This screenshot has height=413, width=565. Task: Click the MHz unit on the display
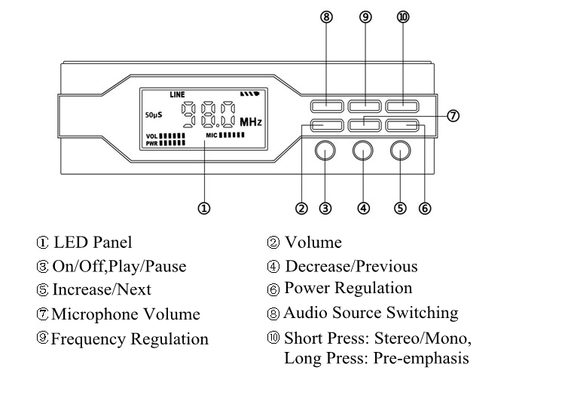(x=251, y=121)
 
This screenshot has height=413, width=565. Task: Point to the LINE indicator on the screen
(x=177, y=95)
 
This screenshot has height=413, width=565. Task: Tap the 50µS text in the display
(x=154, y=115)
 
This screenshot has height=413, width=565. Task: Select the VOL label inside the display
(x=151, y=136)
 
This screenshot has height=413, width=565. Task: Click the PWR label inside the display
(x=151, y=142)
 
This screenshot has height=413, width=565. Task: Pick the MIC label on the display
(x=212, y=135)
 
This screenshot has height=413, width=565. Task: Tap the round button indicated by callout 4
(x=364, y=151)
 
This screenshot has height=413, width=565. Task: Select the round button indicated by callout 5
(x=401, y=151)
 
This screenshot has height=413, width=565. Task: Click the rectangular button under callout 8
(x=326, y=106)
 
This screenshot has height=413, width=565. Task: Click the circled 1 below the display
(x=203, y=208)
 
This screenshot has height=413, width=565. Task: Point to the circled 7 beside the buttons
(x=453, y=115)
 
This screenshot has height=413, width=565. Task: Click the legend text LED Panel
(x=93, y=243)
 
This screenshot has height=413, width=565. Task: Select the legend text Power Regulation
(x=348, y=289)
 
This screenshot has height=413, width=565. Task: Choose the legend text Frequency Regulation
(x=130, y=339)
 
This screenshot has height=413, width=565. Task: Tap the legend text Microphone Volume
(x=126, y=315)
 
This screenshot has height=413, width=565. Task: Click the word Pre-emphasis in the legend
(x=421, y=358)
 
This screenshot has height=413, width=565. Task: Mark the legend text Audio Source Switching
(x=371, y=313)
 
